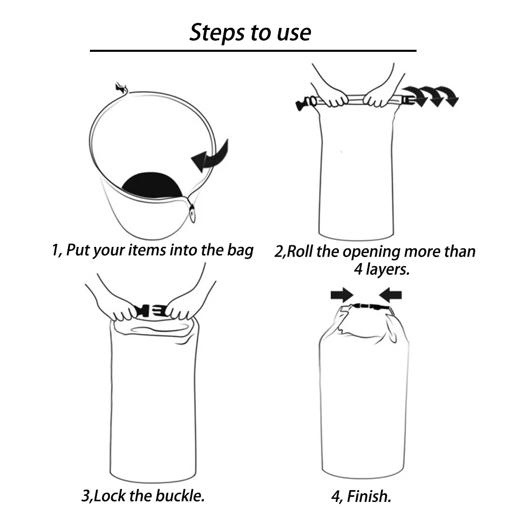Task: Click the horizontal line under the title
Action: [253, 50]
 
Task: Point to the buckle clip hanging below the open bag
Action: [193, 214]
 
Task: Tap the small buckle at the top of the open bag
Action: [121, 88]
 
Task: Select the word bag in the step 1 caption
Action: [240, 251]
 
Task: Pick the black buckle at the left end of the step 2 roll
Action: [304, 103]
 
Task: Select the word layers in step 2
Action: [388, 269]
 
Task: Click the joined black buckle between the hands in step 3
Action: [151, 311]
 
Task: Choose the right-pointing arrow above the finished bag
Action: [342, 295]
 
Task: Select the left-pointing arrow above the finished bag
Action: [390, 295]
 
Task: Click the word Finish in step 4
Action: [369, 496]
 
